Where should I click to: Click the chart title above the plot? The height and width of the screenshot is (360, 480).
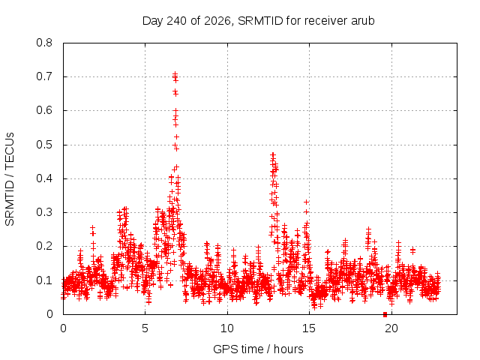pos(258,21)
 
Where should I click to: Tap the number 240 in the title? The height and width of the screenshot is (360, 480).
pos(175,21)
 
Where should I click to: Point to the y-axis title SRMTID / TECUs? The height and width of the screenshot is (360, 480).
pos(10,179)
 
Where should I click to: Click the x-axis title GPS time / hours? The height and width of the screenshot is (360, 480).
pos(258,349)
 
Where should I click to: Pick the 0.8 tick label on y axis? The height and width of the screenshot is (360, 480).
pos(44,43)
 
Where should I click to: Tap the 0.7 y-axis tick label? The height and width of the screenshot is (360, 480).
pos(44,76)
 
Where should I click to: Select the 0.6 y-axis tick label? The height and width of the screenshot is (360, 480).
pos(44,110)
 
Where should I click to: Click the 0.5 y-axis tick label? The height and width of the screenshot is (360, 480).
pos(44,145)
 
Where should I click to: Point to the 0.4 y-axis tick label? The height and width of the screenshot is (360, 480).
pos(44,178)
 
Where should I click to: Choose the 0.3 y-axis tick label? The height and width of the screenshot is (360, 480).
pos(44,212)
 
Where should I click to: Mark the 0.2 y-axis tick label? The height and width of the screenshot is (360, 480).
pos(44,246)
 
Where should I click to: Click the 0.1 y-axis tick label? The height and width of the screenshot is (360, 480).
pos(44,280)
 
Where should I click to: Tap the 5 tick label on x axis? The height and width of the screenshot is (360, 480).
pos(145,328)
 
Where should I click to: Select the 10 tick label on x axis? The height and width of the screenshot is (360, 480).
pos(227,328)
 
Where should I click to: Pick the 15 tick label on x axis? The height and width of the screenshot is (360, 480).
pos(309,328)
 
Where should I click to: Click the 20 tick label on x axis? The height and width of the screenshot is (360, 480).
pos(391,328)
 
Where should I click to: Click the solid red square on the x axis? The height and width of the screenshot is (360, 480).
pos(385,314)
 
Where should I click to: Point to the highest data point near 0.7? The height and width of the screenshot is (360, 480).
pos(175,74)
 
